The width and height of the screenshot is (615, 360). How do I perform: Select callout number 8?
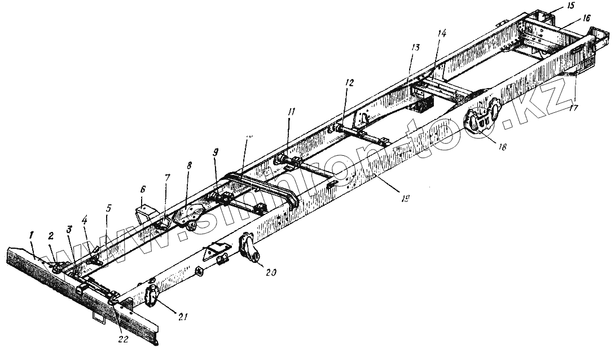point(189,167)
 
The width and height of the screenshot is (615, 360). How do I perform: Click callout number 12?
point(349,83)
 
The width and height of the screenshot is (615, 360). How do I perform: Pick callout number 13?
point(415,48)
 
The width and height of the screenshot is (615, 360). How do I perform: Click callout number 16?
point(587,18)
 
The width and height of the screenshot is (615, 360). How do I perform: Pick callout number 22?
point(123,340)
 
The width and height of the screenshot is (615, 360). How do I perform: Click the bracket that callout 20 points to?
point(249,248)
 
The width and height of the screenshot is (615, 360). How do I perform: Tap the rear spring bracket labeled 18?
point(480,121)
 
